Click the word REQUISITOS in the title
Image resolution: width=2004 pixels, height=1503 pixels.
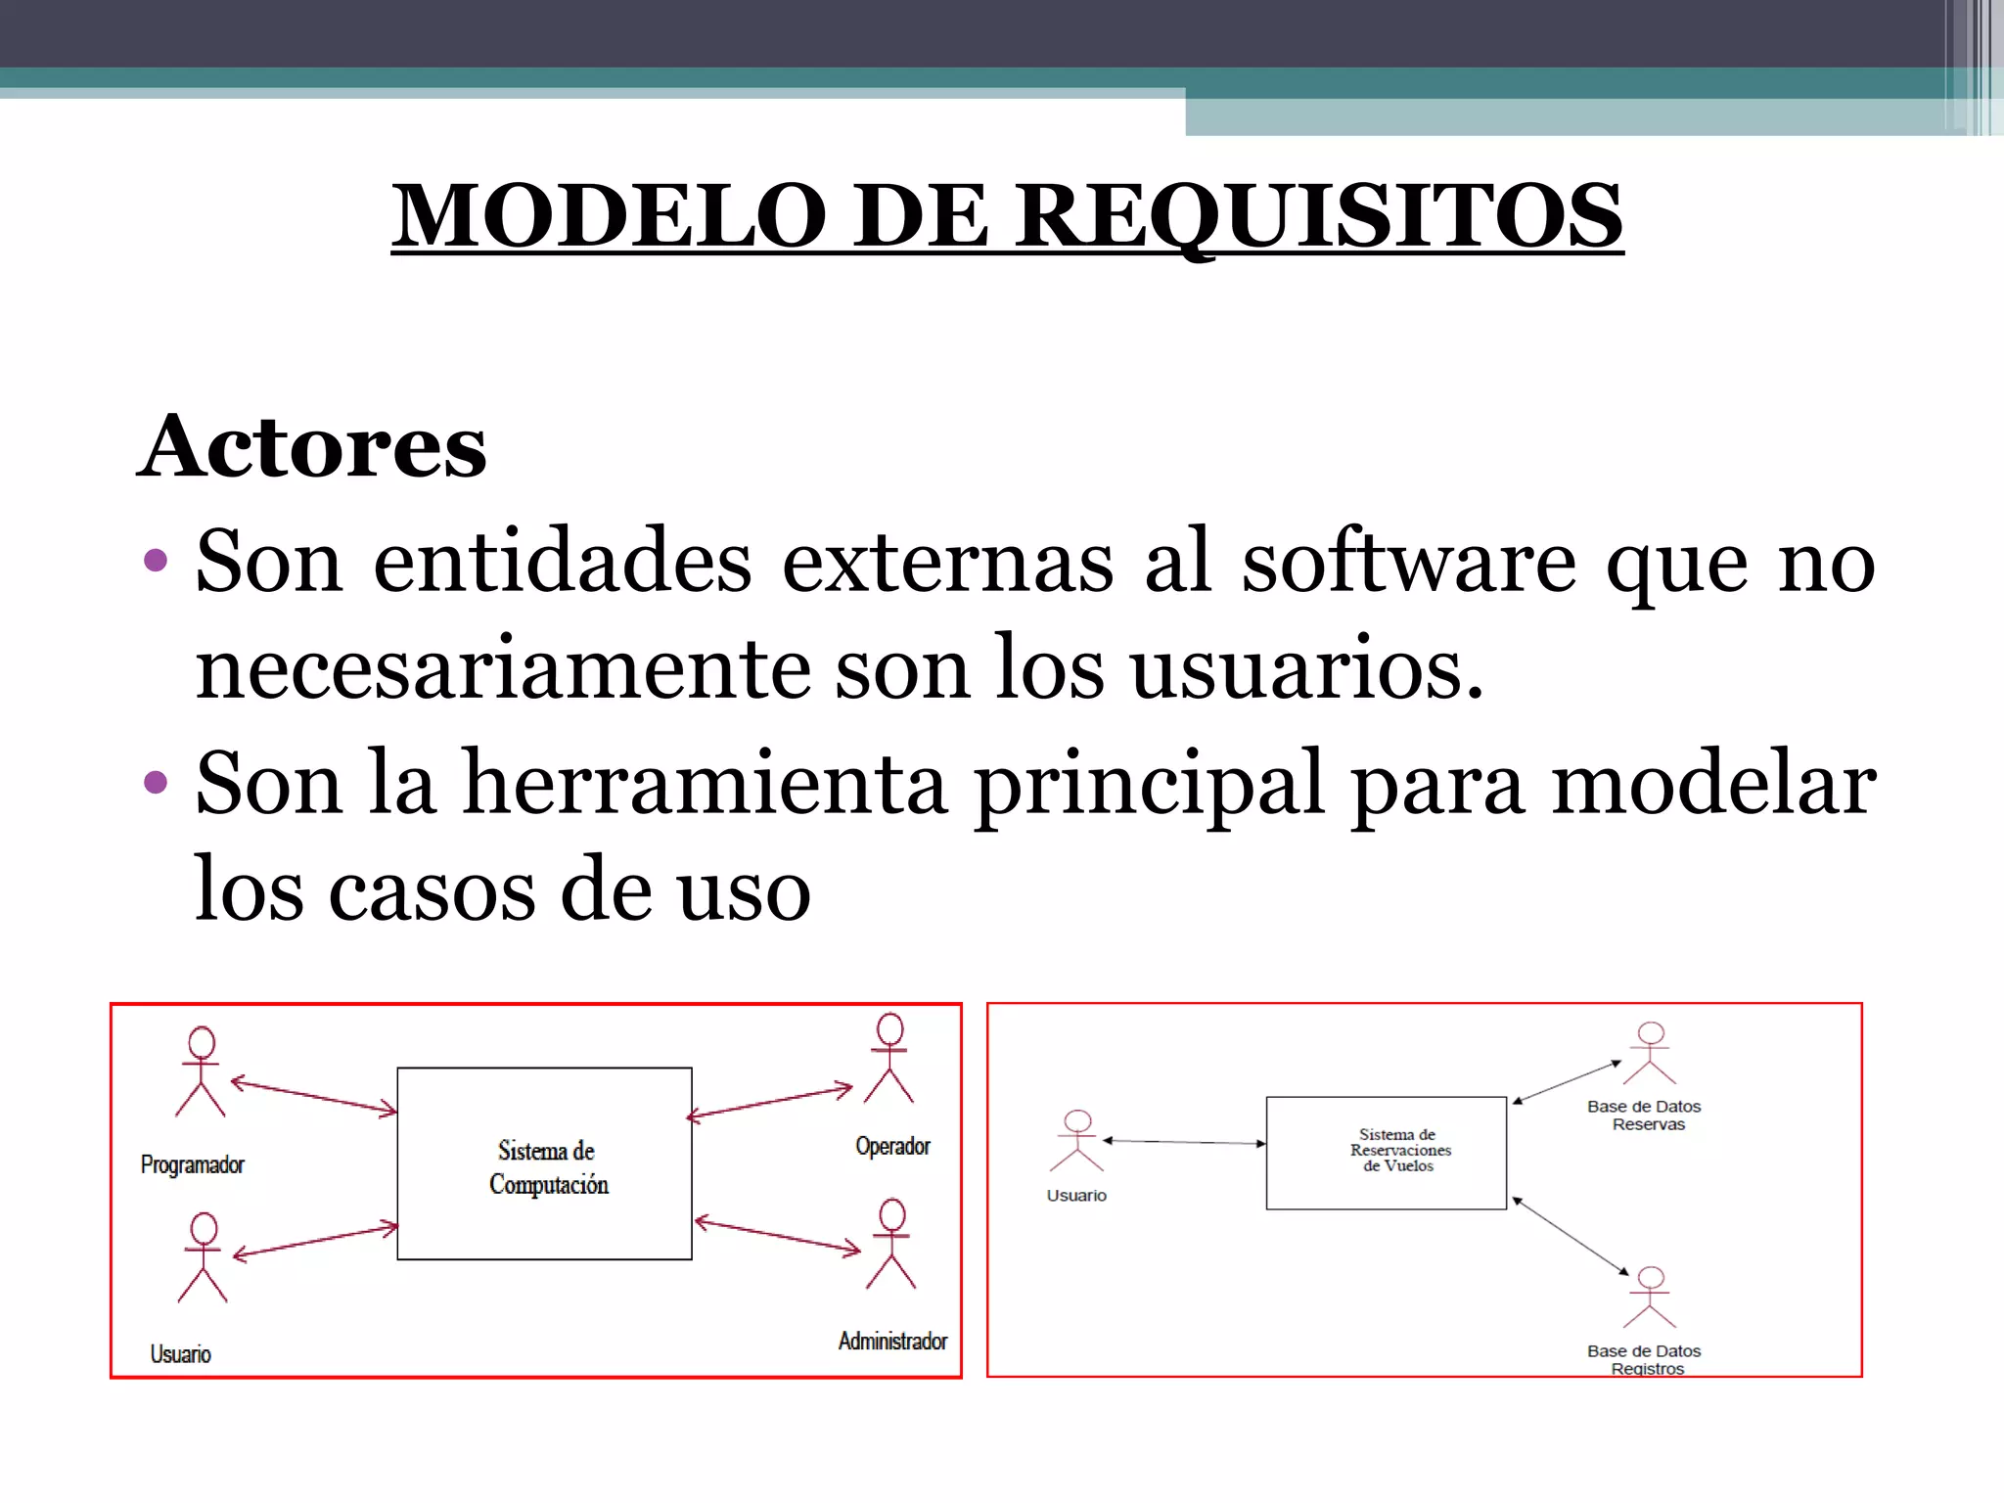tap(1317, 216)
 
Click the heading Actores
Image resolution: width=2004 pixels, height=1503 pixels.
tap(311, 447)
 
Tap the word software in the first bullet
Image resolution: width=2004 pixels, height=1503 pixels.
tap(1409, 563)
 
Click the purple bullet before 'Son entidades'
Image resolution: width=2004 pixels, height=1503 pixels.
tap(155, 561)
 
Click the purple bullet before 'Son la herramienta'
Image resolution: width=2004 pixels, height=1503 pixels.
tap(155, 782)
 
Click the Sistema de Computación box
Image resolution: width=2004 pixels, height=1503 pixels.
tap(544, 1163)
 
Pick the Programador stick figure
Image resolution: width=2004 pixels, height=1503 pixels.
tap(201, 1071)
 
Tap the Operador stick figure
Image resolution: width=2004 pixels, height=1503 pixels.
tap(889, 1058)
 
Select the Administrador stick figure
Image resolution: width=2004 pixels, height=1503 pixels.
tap(891, 1244)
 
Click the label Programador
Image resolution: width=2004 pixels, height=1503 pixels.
tap(192, 1165)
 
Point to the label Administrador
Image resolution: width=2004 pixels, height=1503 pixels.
tap(892, 1342)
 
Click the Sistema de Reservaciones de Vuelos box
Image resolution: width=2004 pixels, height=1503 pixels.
tap(1386, 1153)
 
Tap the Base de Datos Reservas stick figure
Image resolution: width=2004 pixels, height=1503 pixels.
tap(1650, 1054)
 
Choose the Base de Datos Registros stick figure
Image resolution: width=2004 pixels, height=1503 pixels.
tap(1650, 1298)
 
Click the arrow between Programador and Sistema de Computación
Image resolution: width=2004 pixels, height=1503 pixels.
tap(313, 1096)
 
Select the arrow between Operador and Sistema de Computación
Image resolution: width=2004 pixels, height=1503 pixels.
tap(770, 1103)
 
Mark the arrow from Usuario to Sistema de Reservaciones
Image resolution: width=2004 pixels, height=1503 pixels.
tap(1184, 1142)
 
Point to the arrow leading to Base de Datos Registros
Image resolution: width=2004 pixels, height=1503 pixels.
tap(1571, 1236)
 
